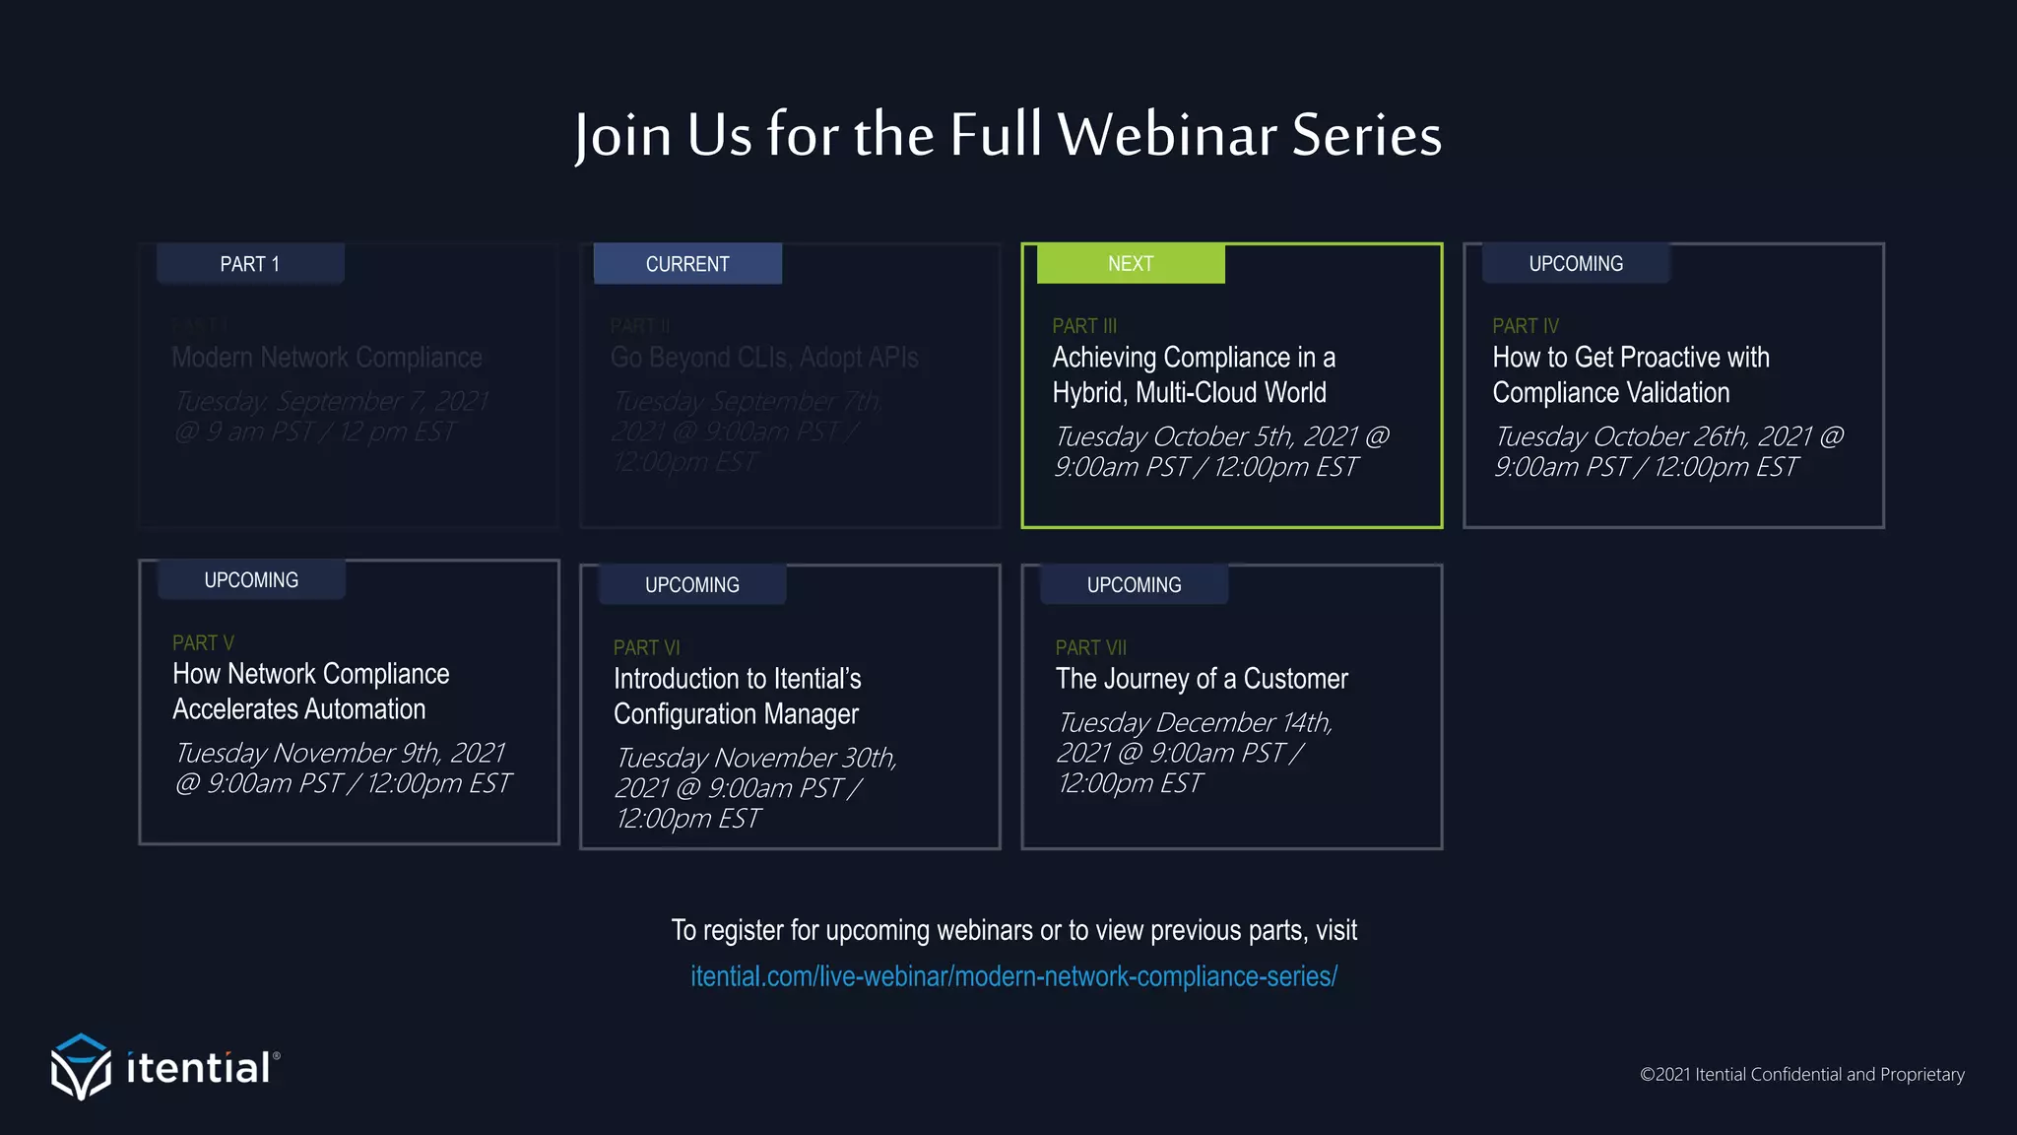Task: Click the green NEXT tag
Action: click(1130, 264)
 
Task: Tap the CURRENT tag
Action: click(687, 264)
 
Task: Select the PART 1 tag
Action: click(250, 264)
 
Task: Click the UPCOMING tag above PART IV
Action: click(1576, 264)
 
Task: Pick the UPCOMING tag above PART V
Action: click(251, 580)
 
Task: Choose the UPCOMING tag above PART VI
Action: click(692, 585)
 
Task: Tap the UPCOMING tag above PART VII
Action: click(1134, 585)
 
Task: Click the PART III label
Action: click(1084, 326)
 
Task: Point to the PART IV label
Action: click(1526, 326)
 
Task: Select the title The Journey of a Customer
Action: click(1202, 679)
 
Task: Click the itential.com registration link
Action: click(1013, 976)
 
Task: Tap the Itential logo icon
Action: click(81, 1067)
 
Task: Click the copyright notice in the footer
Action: click(1801, 1074)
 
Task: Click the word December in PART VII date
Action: click(1215, 722)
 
